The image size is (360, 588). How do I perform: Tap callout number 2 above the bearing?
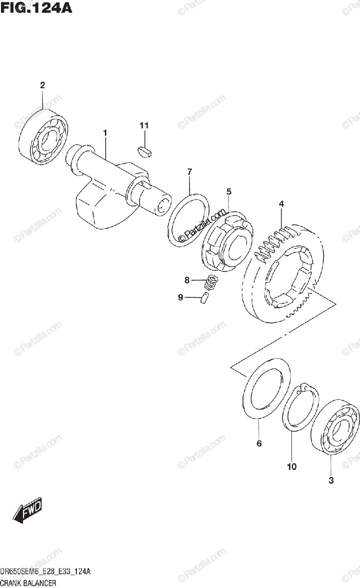point(43,85)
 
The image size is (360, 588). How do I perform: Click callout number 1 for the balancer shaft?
point(105,132)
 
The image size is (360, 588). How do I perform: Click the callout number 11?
point(144,126)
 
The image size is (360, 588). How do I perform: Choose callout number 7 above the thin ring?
point(189,171)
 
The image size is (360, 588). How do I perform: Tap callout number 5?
point(229,192)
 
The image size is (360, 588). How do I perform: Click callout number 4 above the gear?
point(282,203)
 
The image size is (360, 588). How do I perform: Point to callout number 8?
point(187,280)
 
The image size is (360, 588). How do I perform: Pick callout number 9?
point(180,297)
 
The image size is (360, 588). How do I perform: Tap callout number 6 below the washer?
point(259,444)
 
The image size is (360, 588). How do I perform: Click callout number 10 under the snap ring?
point(291,467)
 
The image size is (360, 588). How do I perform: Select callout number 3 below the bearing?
point(331,480)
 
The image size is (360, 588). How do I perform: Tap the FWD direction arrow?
point(28,510)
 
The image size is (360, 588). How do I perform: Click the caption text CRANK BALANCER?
point(29,583)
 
